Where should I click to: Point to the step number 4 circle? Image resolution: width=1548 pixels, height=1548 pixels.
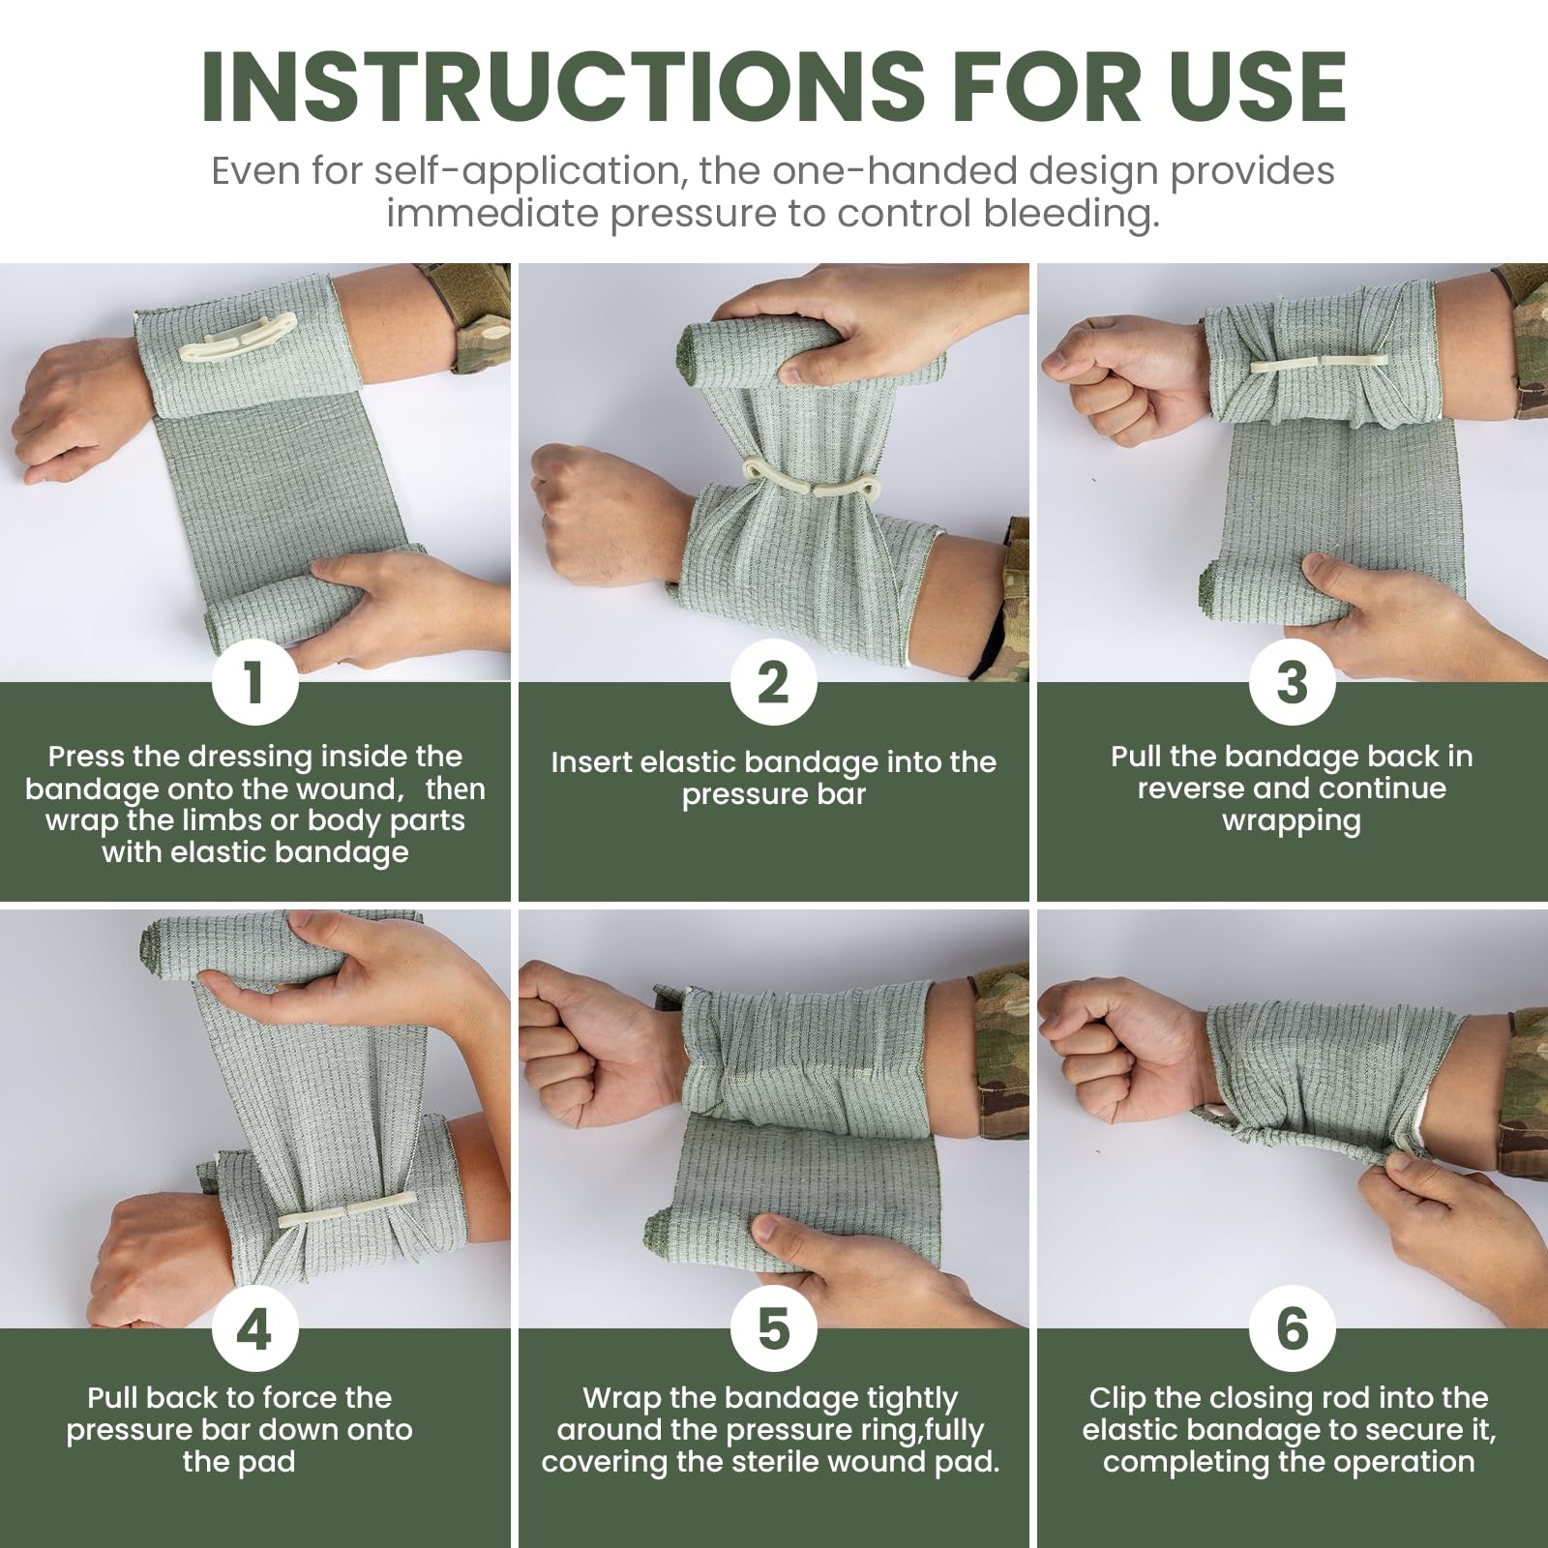pos(254,1328)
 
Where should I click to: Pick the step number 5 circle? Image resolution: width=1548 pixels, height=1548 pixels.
pos(773,1328)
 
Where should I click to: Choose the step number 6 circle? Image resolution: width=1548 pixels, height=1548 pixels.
pos(1292,1328)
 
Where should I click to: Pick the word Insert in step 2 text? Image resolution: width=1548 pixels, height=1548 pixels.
pos(591,762)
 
